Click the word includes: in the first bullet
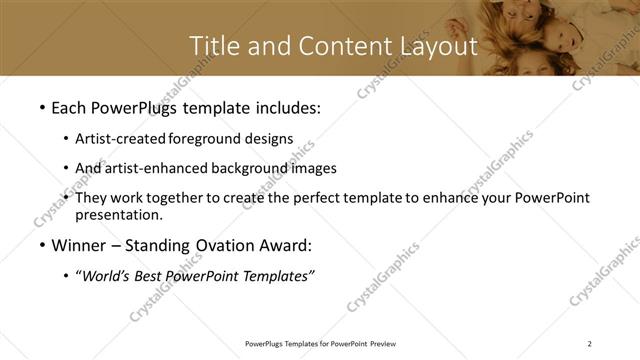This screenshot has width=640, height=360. [x=284, y=106]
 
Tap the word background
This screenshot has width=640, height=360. [x=244, y=168]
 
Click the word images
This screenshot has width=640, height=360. [x=312, y=168]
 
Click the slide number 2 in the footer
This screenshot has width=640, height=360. [x=590, y=344]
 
